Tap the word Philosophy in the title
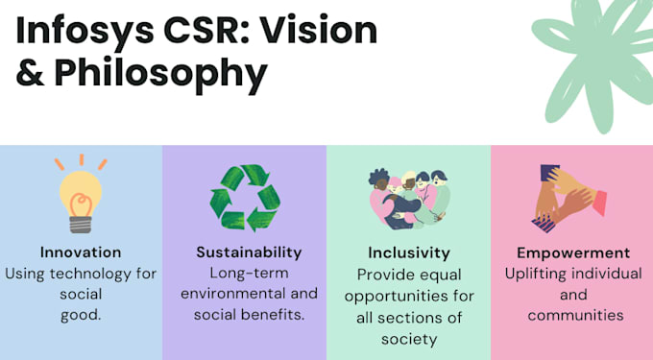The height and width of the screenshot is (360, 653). (160, 74)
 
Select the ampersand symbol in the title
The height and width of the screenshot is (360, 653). (30, 73)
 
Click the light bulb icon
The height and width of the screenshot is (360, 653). (81, 194)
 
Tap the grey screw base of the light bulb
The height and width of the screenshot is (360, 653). (81, 225)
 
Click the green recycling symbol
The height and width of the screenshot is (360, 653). (245, 198)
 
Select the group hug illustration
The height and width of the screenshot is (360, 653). (409, 199)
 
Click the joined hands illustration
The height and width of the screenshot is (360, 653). (568, 198)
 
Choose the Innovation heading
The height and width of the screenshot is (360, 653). (81, 252)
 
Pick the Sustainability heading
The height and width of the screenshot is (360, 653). (249, 252)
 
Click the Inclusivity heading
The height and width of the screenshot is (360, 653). (409, 252)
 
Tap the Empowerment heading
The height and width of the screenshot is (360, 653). (573, 252)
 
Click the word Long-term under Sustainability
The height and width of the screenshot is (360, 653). (249, 273)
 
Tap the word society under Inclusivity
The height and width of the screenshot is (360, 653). (409, 339)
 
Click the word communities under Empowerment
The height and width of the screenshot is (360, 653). (575, 315)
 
